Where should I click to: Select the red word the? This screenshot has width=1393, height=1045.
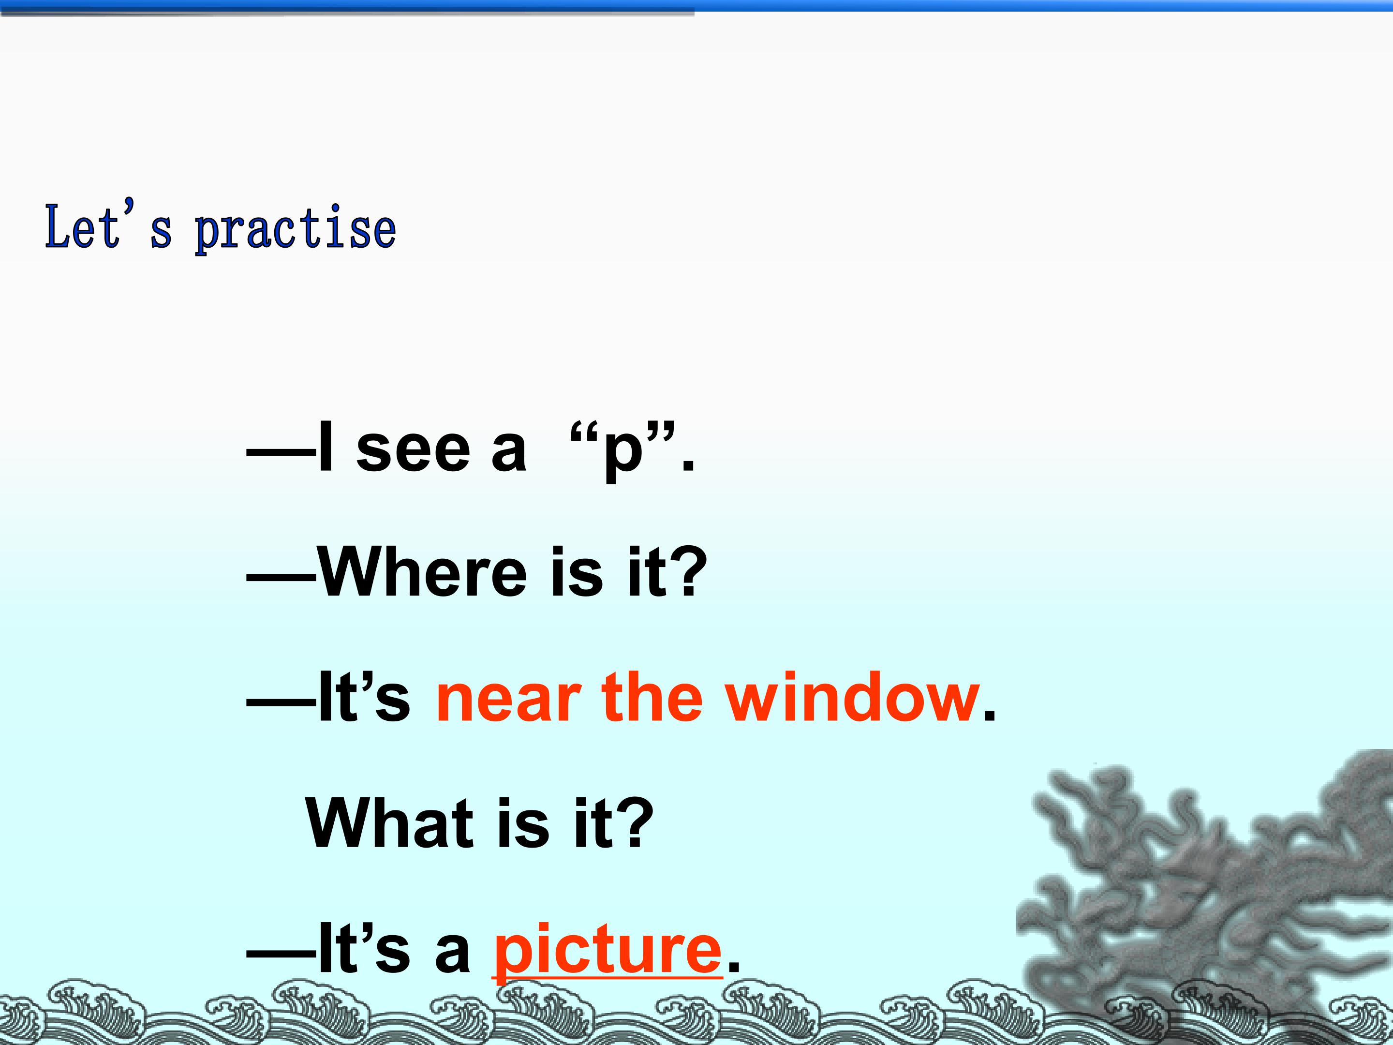coord(652,698)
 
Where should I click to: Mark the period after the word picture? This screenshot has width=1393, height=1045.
coord(734,968)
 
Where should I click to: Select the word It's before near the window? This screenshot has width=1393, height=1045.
coord(364,698)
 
